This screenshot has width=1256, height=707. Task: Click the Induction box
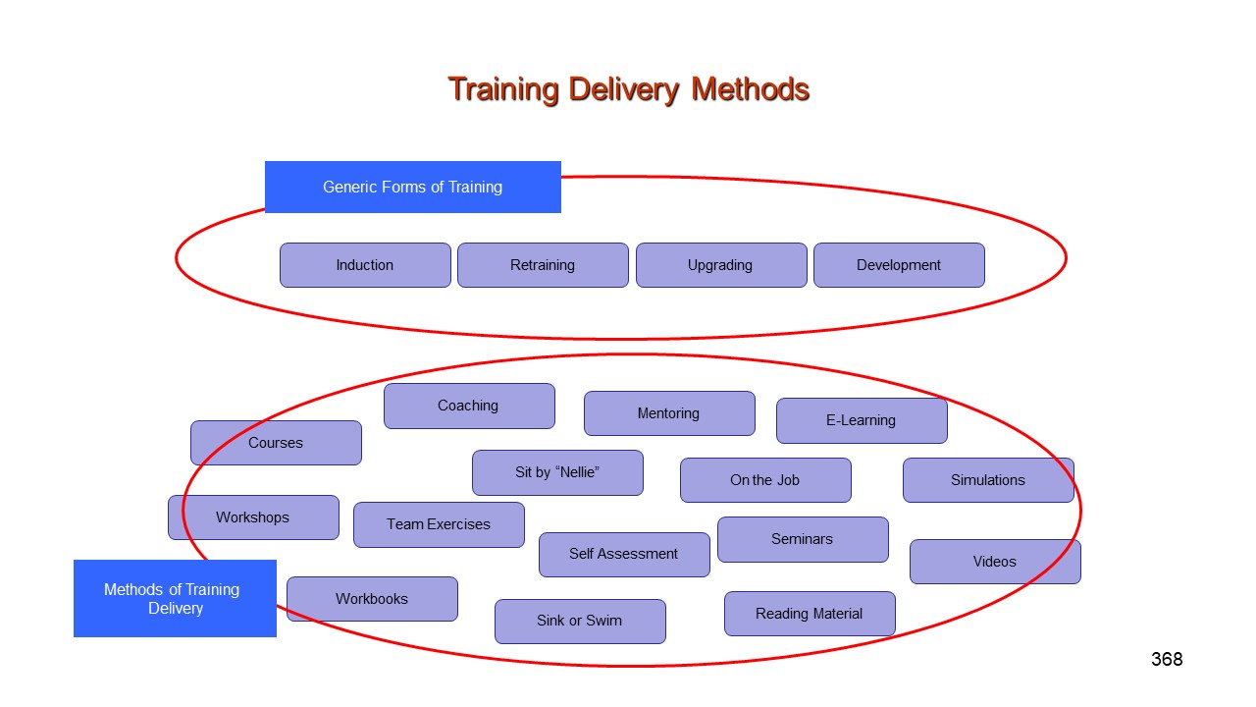pyautogui.click(x=365, y=265)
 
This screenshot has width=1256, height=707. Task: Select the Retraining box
pyautogui.click(x=543, y=265)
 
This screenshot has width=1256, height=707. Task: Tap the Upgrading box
pyautogui.click(x=720, y=265)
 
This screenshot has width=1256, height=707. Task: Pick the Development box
pyautogui.click(x=899, y=265)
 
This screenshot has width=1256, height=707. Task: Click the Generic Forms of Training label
pyautogui.click(x=412, y=187)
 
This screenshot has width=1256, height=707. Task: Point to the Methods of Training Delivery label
pyautogui.click(x=175, y=599)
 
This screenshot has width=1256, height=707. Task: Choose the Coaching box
pyautogui.click(x=469, y=406)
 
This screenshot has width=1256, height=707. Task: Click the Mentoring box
pyautogui.click(x=669, y=413)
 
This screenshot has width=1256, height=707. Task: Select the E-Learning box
pyautogui.click(x=862, y=420)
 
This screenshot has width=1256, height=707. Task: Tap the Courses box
pyautogui.click(x=276, y=443)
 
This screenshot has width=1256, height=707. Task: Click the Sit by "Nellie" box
pyautogui.click(x=557, y=472)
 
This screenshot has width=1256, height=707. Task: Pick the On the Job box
pyautogui.click(x=765, y=480)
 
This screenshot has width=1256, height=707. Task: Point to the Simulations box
pyautogui.click(x=988, y=480)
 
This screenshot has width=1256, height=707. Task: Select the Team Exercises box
pyautogui.click(x=439, y=524)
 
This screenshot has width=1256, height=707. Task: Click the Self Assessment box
pyautogui.click(x=624, y=554)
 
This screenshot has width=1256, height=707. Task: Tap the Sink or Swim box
pyautogui.click(x=580, y=621)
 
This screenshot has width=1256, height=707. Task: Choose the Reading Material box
pyautogui.click(x=810, y=614)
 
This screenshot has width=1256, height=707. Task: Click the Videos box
pyautogui.click(x=995, y=562)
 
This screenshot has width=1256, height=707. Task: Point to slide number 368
pyautogui.click(x=1167, y=659)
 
